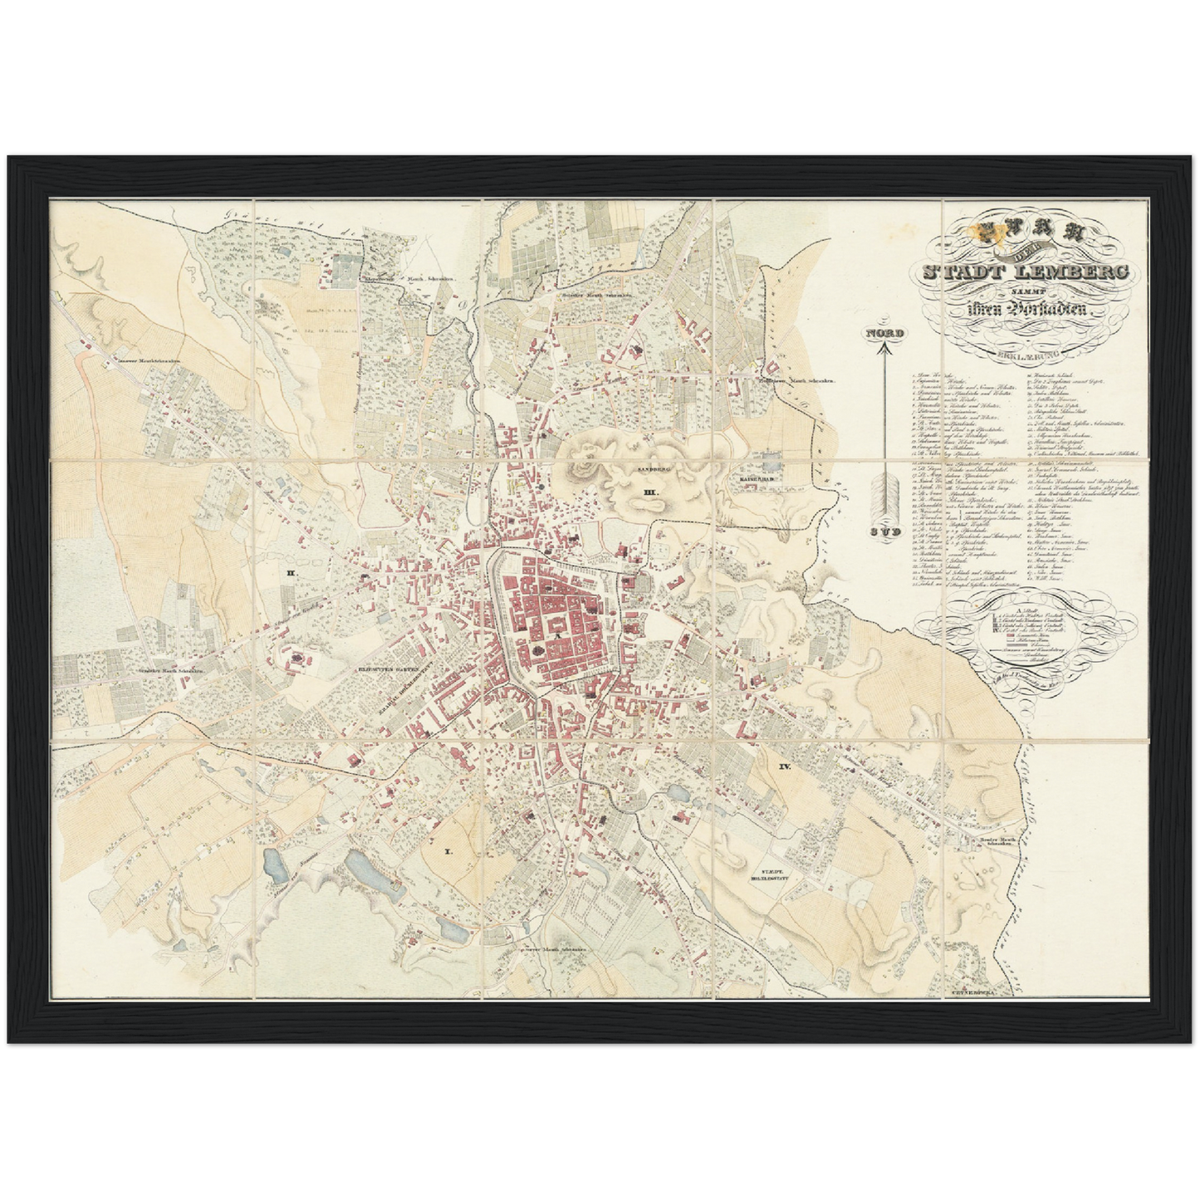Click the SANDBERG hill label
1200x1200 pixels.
pyautogui.click(x=653, y=470)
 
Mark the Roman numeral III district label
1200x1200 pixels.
pyautogui.click(x=650, y=492)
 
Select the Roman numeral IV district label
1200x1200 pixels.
pyautogui.click(x=784, y=767)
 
